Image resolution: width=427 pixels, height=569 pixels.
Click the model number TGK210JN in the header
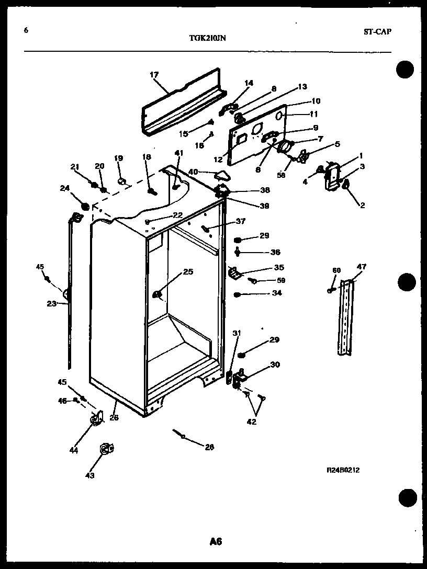208,38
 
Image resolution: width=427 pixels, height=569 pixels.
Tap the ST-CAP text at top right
377,31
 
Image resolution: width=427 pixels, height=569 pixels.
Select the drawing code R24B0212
343,470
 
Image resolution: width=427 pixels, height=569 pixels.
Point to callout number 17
154,75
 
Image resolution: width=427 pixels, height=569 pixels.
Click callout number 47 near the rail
362,267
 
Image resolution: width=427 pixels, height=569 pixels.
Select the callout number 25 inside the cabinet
188,271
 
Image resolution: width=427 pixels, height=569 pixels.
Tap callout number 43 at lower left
90,475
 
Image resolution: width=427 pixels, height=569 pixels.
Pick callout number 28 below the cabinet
209,447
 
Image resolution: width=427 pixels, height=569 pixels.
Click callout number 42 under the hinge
252,422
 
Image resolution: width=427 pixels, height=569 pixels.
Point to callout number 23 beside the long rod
51,303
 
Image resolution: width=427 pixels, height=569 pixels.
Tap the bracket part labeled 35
233,272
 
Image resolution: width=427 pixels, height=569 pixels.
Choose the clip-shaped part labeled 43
106,449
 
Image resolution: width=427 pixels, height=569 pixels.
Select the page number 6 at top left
26,30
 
